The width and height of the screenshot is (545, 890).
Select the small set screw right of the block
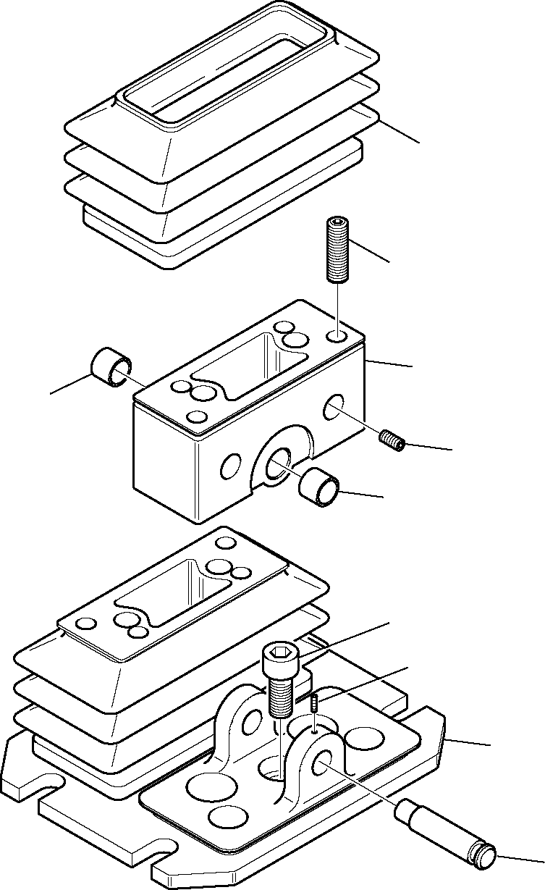(391, 439)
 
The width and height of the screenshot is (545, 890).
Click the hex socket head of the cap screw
(278, 660)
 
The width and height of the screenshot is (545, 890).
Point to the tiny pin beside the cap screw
(315, 701)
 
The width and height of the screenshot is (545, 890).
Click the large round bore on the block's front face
(277, 464)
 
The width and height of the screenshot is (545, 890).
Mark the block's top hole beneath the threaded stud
(336, 337)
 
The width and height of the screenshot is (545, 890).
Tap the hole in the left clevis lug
(253, 718)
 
